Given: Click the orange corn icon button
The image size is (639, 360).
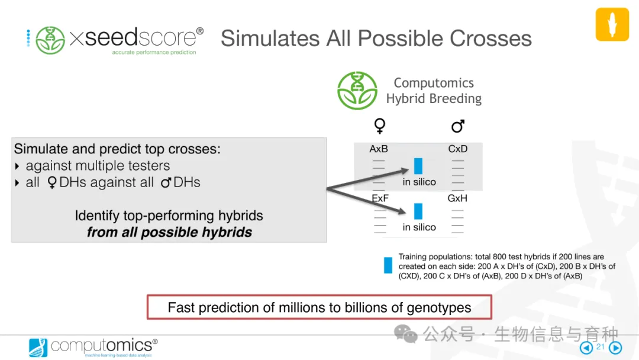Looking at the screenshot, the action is coord(612,24).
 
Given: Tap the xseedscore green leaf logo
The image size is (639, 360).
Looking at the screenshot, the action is coord(50,40).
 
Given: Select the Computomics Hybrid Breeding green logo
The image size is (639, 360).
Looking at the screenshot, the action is coord(357,91).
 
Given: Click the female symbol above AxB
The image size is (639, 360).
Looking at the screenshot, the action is coord(379,126).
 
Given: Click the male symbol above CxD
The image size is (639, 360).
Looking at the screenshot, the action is coord(457,126).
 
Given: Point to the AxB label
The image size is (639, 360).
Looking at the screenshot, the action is coord(379,149).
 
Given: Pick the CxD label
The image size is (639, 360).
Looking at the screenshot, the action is coord(457,149).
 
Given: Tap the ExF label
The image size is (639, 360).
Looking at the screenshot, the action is coord(380,198).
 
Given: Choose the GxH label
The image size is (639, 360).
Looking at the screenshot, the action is coord(457,198).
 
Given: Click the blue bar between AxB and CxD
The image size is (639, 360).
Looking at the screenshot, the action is coord(418,166).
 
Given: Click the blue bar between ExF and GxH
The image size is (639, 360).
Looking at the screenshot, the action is coord(418,211).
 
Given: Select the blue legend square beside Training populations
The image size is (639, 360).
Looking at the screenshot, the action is coord(388,265).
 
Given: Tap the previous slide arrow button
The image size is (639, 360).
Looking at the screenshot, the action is coord(586,348).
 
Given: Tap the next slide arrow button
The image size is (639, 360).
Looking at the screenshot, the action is coord(615,348).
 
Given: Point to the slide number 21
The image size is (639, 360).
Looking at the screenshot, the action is coord(601,346).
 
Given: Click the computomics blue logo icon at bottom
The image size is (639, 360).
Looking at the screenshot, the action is coord(38,348).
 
